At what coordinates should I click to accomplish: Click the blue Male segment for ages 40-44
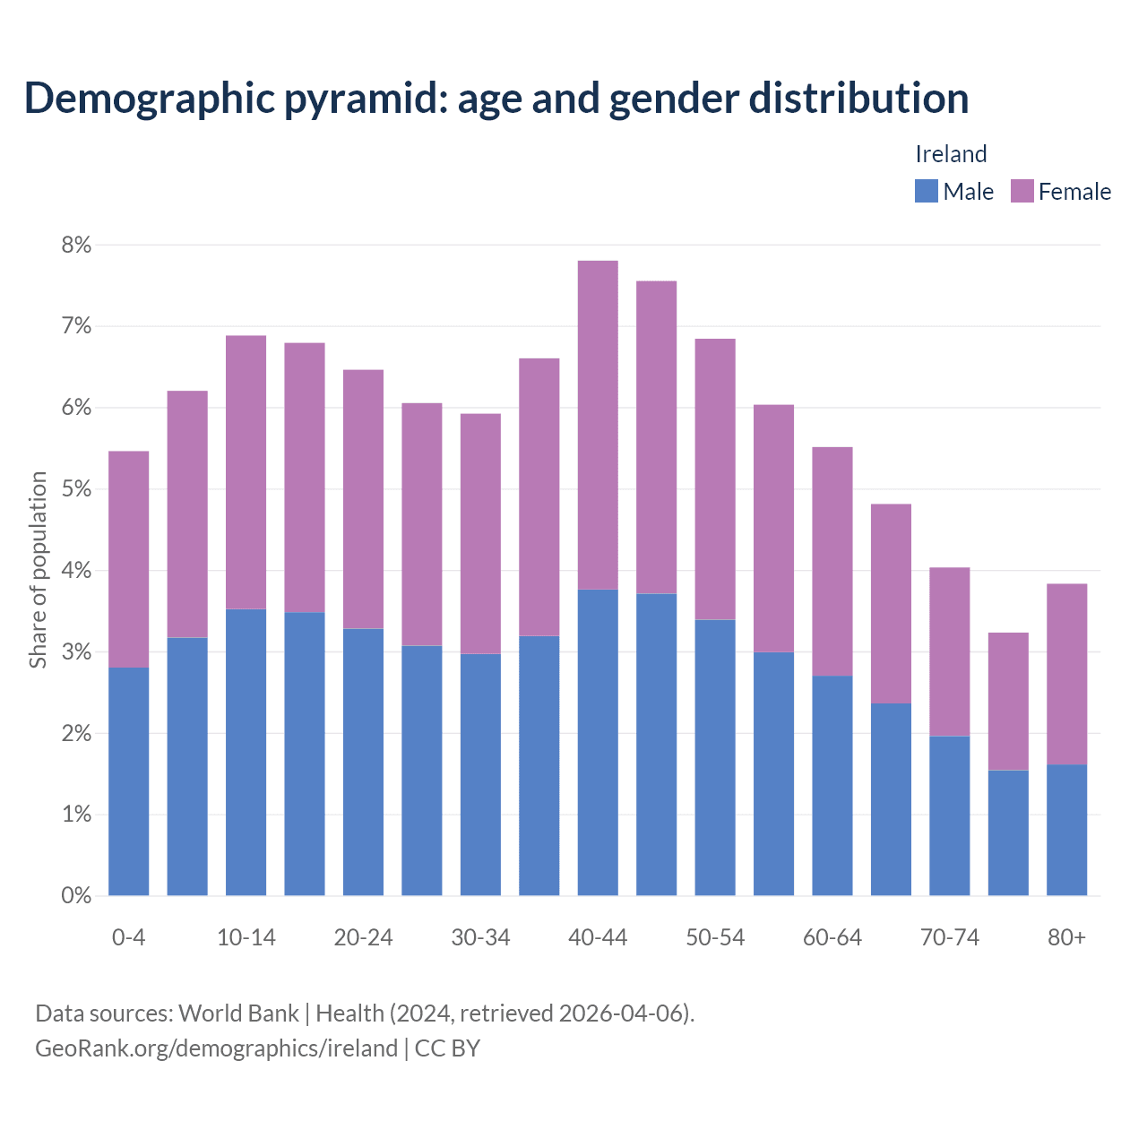[598, 742]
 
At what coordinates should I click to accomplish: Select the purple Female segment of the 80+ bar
[1066, 674]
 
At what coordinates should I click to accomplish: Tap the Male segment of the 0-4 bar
[129, 781]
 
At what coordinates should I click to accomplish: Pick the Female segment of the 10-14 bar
[246, 472]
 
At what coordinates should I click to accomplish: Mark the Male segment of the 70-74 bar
[949, 815]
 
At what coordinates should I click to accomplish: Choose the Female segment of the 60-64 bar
[832, 561]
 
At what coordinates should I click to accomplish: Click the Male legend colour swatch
[926, 191]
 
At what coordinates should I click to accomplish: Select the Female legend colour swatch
[1022, 191]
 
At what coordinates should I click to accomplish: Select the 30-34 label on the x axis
[480, 937]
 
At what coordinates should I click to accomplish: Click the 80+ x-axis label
[1066, 937]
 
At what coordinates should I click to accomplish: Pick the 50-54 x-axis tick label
[715, 937]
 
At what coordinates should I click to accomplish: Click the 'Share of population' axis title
[38, 570]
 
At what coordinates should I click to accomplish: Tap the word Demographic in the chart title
[148, 98]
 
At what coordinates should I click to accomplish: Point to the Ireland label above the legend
[951, 154]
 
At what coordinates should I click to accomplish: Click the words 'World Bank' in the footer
[238, 1013]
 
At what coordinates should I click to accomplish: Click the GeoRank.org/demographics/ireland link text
[216, 1048]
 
